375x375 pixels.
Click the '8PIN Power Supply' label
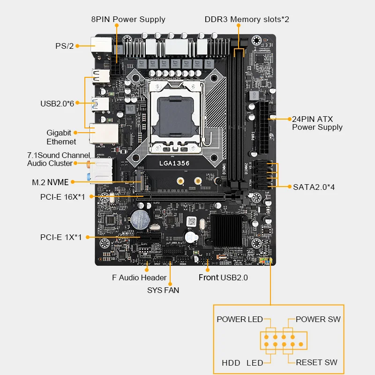tap(128, 19)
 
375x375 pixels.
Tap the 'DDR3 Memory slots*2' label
tap(247, 19)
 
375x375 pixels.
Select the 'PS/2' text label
tap(64, 46)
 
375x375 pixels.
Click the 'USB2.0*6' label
tap(57, 103)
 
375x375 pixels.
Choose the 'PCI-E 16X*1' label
tap(62, 197)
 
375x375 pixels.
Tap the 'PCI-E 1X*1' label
tap(61, 237)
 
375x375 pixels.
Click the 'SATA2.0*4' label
tap(313, 187)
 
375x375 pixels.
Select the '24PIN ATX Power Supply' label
tap(317, 123)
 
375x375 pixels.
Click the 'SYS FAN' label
tap(163, 290)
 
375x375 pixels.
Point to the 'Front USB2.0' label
tap(223, 277)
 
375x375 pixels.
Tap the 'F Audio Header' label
tap(139, 277)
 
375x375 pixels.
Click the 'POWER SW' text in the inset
tap(318, 319)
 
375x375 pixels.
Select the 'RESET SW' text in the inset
tap(316, 362)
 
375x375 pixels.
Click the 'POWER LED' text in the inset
tap(240, 319)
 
